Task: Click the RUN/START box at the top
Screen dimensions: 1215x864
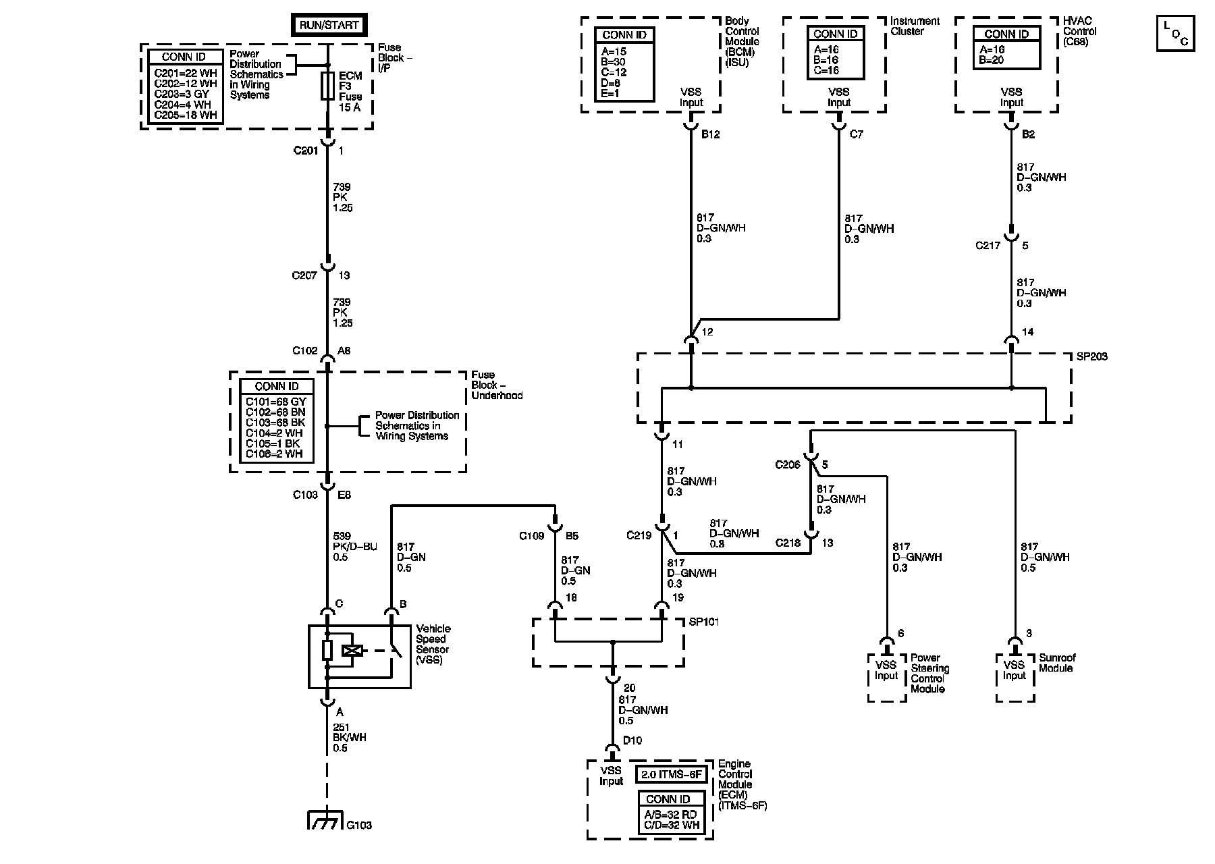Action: tap(328, 26)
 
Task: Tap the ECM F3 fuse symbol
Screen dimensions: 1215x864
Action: tap(327, 86)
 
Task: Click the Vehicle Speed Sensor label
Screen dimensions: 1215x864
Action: tap(433, 645)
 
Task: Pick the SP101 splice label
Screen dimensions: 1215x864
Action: tap(703, 622)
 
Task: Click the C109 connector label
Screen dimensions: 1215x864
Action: tap(532, 537)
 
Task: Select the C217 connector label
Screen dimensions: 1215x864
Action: tap(988, 246)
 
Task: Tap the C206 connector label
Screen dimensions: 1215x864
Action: tap(787, 464)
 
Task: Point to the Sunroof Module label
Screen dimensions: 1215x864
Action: tap(1057, 663)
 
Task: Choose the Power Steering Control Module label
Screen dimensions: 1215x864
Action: tap(929, 673)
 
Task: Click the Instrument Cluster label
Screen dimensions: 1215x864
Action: tap(915, 26)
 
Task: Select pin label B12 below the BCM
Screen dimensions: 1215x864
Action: tap(710, 134)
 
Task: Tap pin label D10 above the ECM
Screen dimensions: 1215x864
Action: tap(632, 740)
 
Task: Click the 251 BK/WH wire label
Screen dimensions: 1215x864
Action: tap(350, 738)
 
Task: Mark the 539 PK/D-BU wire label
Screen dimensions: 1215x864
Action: tap(355, 547)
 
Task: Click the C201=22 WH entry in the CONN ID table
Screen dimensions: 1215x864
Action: tap(186, 74)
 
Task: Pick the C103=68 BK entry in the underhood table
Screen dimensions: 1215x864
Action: tap(275, 423)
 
